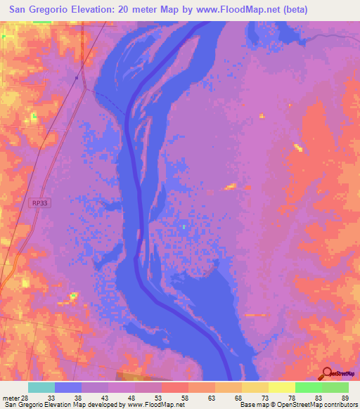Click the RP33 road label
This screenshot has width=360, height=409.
coord(40,203)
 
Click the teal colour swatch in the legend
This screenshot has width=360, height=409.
coord(41,387)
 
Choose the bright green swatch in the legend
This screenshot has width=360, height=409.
coord(309,387)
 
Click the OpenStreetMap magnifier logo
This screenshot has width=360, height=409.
coord(326,373)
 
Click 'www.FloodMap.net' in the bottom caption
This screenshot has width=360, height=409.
coord(153,405)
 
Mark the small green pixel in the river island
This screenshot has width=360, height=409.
coord(184,226)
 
